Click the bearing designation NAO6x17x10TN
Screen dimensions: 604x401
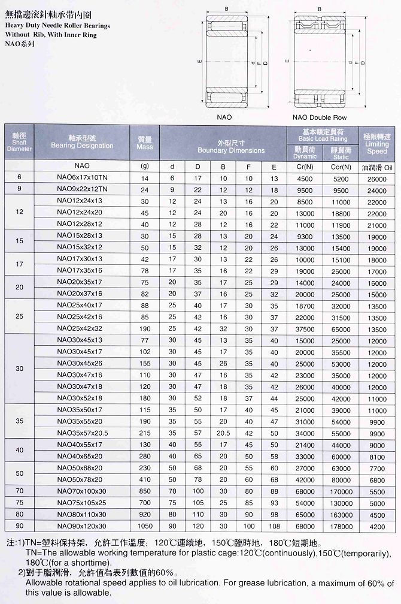click(x=82, y=178)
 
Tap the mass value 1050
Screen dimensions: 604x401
click(x=144, y=526)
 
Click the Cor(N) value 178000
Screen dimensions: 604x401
click(x=341, y=526)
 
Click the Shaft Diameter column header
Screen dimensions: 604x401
click(x=19, y=141)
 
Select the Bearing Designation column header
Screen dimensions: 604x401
click(x=82, y=141)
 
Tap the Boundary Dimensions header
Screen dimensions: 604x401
click(x=223, y=147)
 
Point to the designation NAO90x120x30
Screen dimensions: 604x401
click(x=82, y=526)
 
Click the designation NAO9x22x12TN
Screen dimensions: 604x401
click(x=82, y=190)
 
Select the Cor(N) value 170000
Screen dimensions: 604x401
click(x=341, y=490)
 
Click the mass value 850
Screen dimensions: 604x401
click(x=144, y=490)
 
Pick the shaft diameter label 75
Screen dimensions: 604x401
click(x=19, y=502)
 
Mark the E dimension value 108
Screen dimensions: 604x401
click(x=274, y=526)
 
